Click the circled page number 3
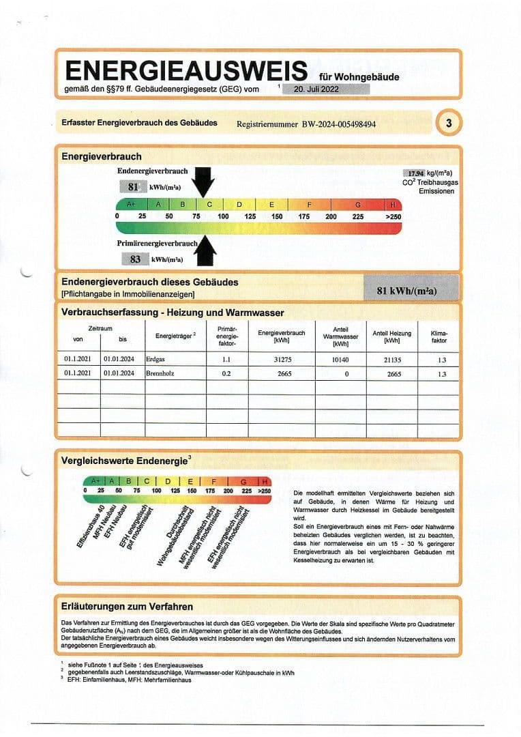pyautogui.click(x=448, y=124)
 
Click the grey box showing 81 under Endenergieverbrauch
pyautogui.click(x=132, y=186)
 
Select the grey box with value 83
pyautogui.click(x=135, y=259)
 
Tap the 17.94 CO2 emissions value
pyautogui.click(x=415, y=173)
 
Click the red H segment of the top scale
pyautogui.click(x=393, y=204)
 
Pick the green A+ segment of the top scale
pyautogui.click(x=131, y=204)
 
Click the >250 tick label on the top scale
pyautogui.click(x=393, y=216)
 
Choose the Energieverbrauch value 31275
pyautogui.click(x=281, y=359)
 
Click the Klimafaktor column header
pyautogui.click(x=439, y=336)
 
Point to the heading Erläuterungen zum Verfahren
pyautogui.click(x=128, y=606)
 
